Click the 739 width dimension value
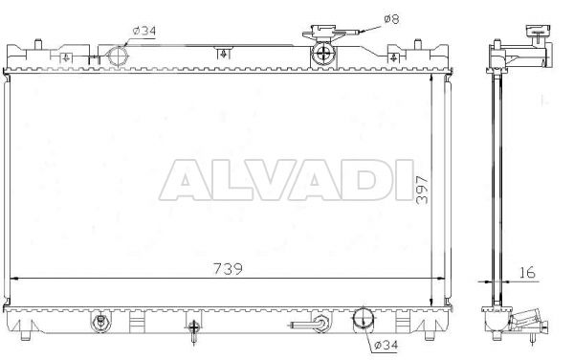click(x=228, y=269)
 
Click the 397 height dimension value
click(x=422, y=190)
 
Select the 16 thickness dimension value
click(x=527, y=273)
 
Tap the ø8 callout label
click(x=391, y=19)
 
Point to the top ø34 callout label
click(x=143, y=31)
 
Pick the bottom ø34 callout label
click(x=386, y=345)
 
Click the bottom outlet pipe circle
click(x=363, y=318)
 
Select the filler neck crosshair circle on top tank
click(x=323, y=54)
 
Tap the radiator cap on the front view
click(x=323, y=33)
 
